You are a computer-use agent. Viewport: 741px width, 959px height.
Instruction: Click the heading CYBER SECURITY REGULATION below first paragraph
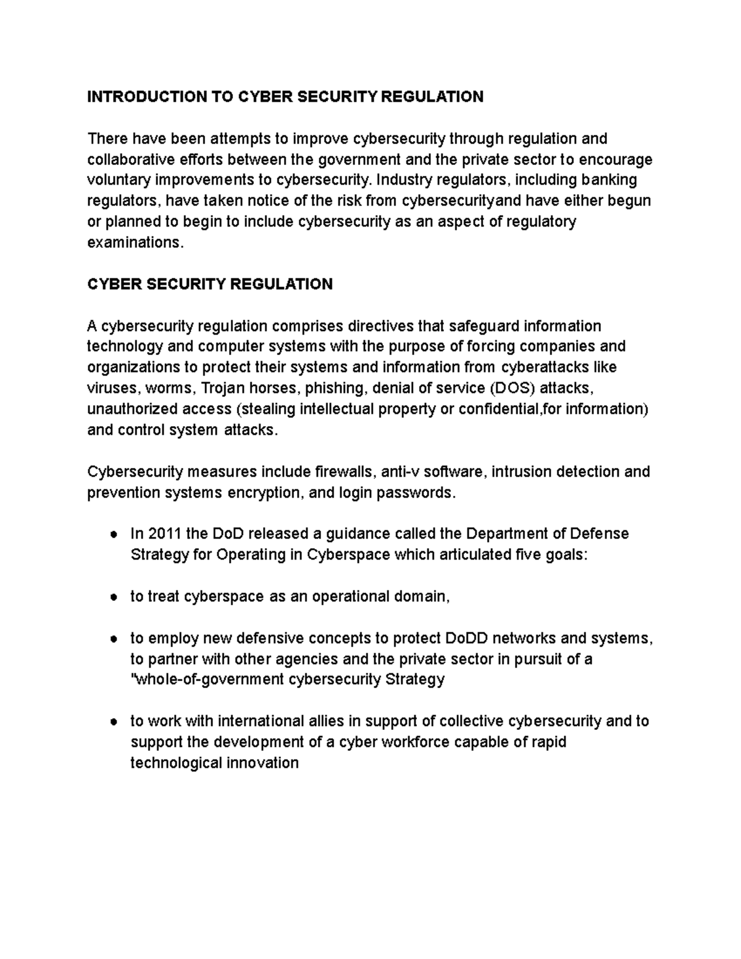(x=210, y=284)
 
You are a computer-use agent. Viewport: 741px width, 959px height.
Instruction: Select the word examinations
(x=135, y=243)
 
